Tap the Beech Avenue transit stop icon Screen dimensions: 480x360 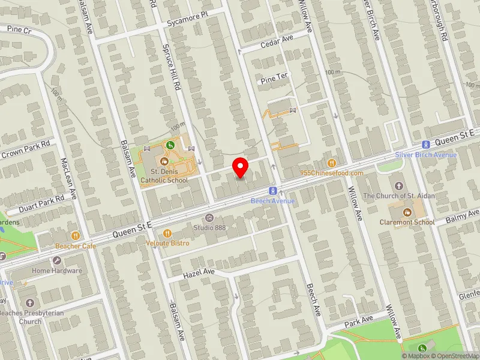pos(273,190)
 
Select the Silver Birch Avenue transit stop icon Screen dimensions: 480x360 pos(425,145)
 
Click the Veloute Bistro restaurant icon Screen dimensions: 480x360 pos(167,233)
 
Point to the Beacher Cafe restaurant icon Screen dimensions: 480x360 pos(76,236)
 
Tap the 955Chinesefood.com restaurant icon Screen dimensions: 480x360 pos(331,163)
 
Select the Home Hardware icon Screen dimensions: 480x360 pos(57,260)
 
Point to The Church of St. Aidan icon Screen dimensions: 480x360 pos(398,185)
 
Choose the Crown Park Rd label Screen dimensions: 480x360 pos(25,151)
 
